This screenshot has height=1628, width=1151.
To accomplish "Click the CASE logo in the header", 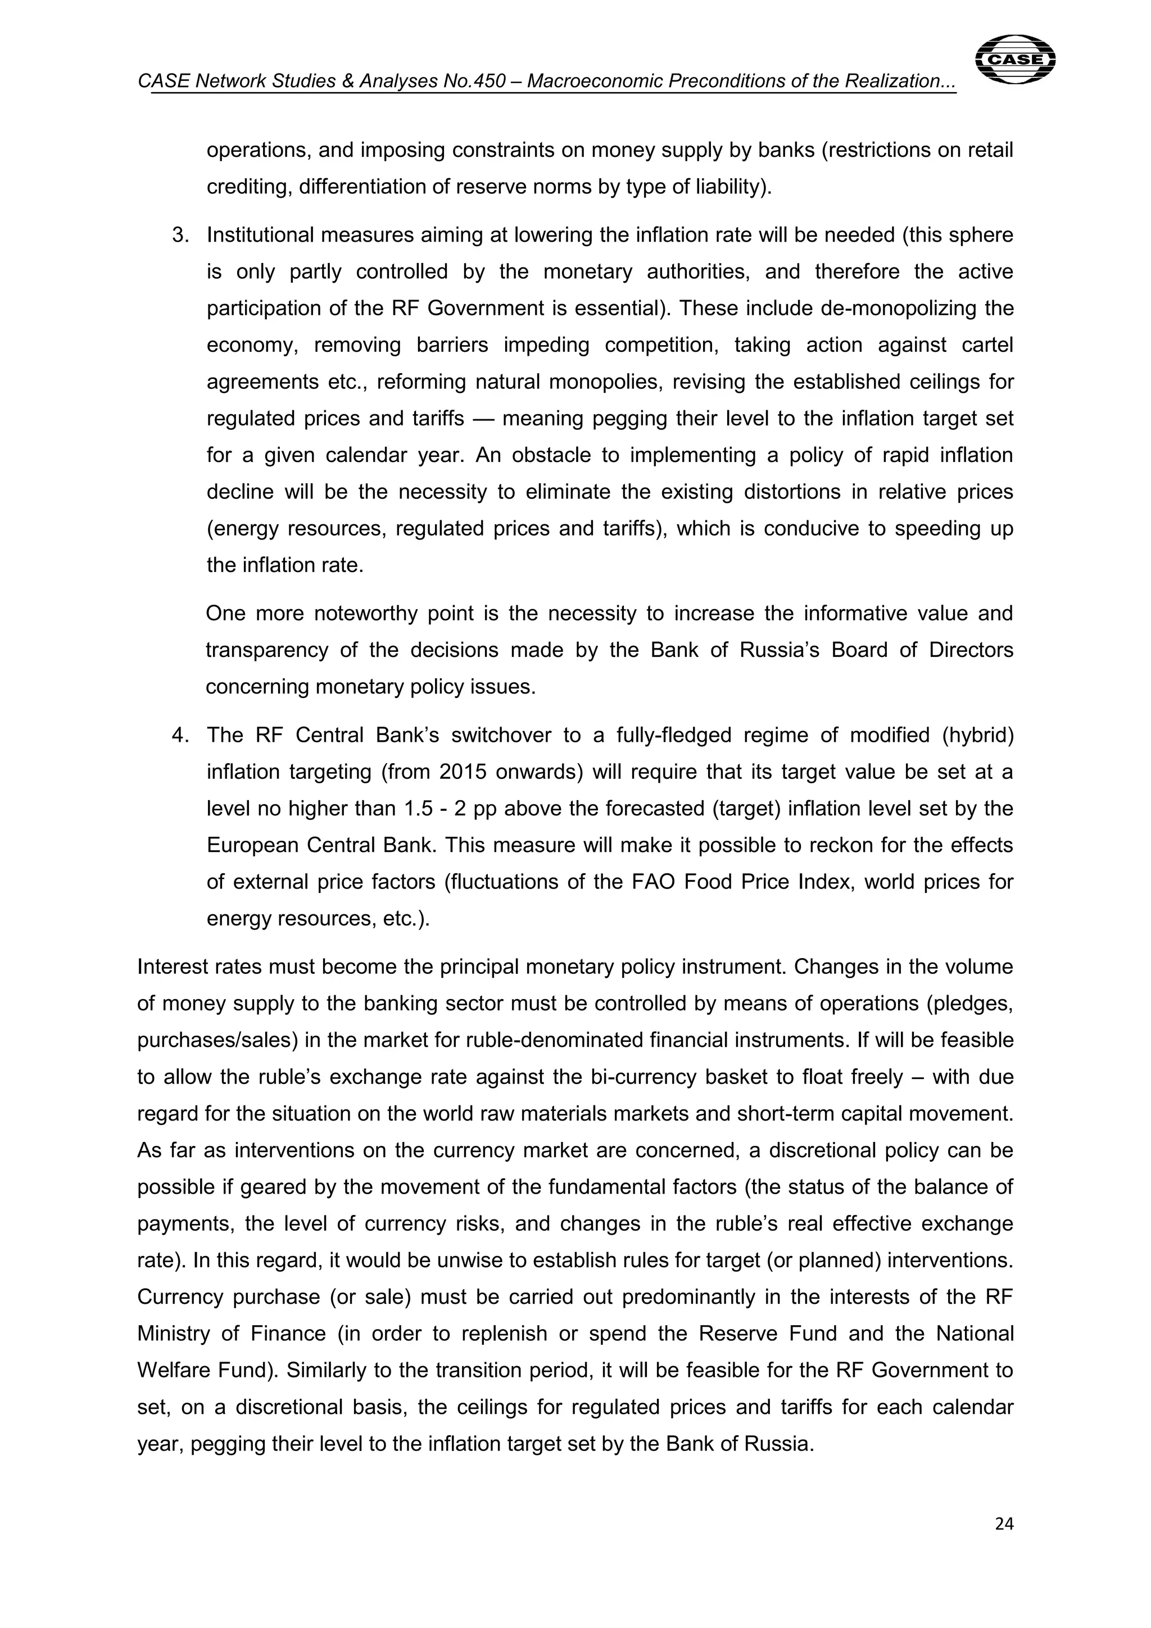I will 1015,60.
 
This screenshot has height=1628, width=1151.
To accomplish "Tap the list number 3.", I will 180,235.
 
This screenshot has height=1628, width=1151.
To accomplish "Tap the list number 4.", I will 180,735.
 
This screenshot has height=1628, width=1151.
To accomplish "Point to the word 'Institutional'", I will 260,235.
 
